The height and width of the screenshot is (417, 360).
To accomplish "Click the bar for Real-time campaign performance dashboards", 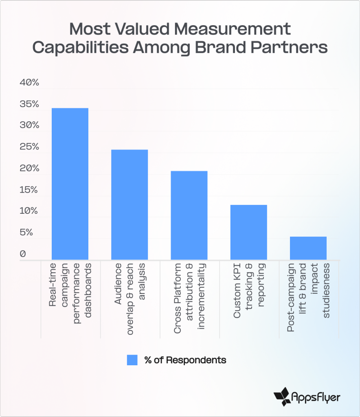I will [x=70, y=184].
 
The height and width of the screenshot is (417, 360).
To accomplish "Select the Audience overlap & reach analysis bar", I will [x=130, y=204].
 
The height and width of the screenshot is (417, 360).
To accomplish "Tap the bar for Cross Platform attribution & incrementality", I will [x=189, y=215].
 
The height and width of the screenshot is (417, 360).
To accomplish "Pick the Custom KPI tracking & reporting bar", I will [x=248, y=232].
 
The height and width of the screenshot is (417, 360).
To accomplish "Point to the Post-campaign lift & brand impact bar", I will [x=308, y=248].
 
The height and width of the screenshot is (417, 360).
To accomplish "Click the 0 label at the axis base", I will [x=23, y=254].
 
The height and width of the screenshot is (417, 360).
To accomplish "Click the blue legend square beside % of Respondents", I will [x=132, y=360].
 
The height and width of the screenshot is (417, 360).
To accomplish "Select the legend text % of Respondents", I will [x=185, y=360].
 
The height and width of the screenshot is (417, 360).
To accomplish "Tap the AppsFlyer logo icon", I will [x=282, y=395].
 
